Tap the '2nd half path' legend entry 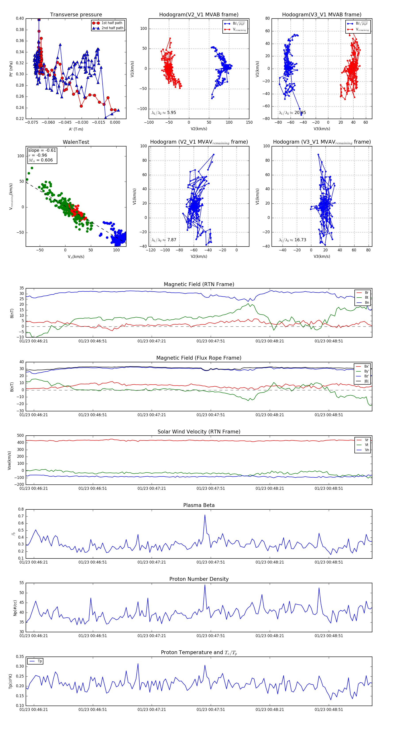point(112,28)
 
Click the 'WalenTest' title point(76,142)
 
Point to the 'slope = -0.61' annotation point(42,150)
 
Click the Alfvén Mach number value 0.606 point(46,160)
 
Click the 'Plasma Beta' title point(199,505)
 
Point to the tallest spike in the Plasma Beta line point(205,515)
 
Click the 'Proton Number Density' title point(199,579)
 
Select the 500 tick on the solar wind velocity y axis point(20,436)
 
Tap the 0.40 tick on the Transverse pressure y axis point(20,18)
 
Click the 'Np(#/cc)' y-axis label point(15,607)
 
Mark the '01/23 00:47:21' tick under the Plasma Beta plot point(151,562)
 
